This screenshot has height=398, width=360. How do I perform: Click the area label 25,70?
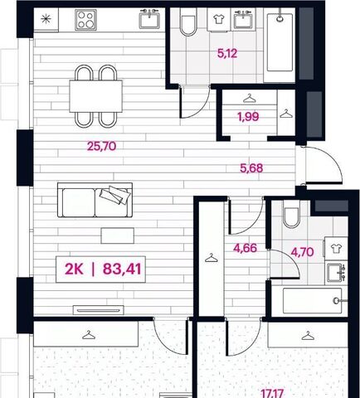coord(101,146)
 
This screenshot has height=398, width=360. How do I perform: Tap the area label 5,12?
coord(227,53)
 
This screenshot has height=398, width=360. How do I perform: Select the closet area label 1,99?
coord(248,117)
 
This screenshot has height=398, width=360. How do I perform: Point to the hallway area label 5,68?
coord(251,168)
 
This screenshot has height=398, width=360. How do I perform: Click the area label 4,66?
coord(245,248)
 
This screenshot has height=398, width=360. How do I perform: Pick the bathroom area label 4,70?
coord(302,252)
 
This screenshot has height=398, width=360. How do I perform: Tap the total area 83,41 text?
coord(122,269)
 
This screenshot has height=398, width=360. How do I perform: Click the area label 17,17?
coord(272,393)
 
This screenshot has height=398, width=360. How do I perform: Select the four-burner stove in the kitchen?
coord(85,20)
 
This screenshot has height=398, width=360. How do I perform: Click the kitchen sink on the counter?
coord(149,19)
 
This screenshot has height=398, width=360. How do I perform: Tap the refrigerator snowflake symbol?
coord(46,19)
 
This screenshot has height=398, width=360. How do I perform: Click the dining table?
coord(95,96)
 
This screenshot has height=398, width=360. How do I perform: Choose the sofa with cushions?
coord(95,200)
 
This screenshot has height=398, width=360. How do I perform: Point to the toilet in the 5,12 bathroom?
coord(188,22)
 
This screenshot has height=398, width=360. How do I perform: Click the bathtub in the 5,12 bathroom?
coord(280,42)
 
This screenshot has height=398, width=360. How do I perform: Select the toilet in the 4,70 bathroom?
coord(292,214)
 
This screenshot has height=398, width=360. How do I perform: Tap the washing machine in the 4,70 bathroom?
coord(336,248)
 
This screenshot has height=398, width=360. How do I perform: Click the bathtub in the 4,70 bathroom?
coord(313,301)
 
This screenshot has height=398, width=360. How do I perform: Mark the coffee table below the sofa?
coord(118,235)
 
